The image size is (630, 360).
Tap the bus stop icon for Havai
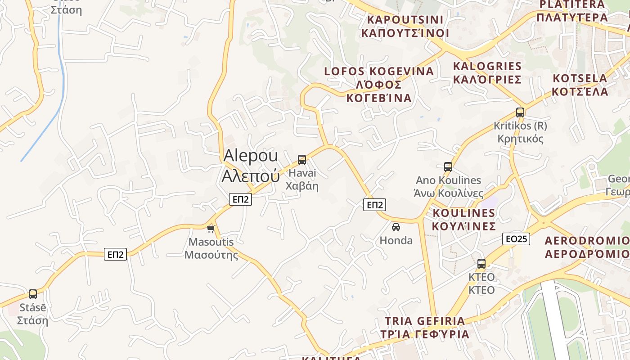(302, 160)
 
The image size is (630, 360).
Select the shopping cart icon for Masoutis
(211, 229)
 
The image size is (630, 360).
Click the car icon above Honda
(396, 227)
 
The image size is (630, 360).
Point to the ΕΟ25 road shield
(516, 239)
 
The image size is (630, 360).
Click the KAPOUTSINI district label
(405, 26)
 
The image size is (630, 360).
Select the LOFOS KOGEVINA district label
(379, 84)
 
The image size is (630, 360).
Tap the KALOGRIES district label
(487, 73)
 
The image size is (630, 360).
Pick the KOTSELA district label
(580, 85)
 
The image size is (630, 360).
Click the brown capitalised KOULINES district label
(464, 219)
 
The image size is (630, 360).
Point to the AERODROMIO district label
(587, 247)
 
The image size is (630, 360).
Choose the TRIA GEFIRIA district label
(425, 328)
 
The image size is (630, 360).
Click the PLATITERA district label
(572, 11)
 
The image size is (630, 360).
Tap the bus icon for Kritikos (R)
(520, 112)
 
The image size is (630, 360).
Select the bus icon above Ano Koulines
(448, 167)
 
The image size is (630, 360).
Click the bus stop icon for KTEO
(481, 264)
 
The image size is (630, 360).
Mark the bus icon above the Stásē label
(33, 294)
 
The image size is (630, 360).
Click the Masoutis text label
(211, 248)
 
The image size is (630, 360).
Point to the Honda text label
(396, 240)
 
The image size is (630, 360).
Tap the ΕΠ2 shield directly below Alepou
(240, 199)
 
